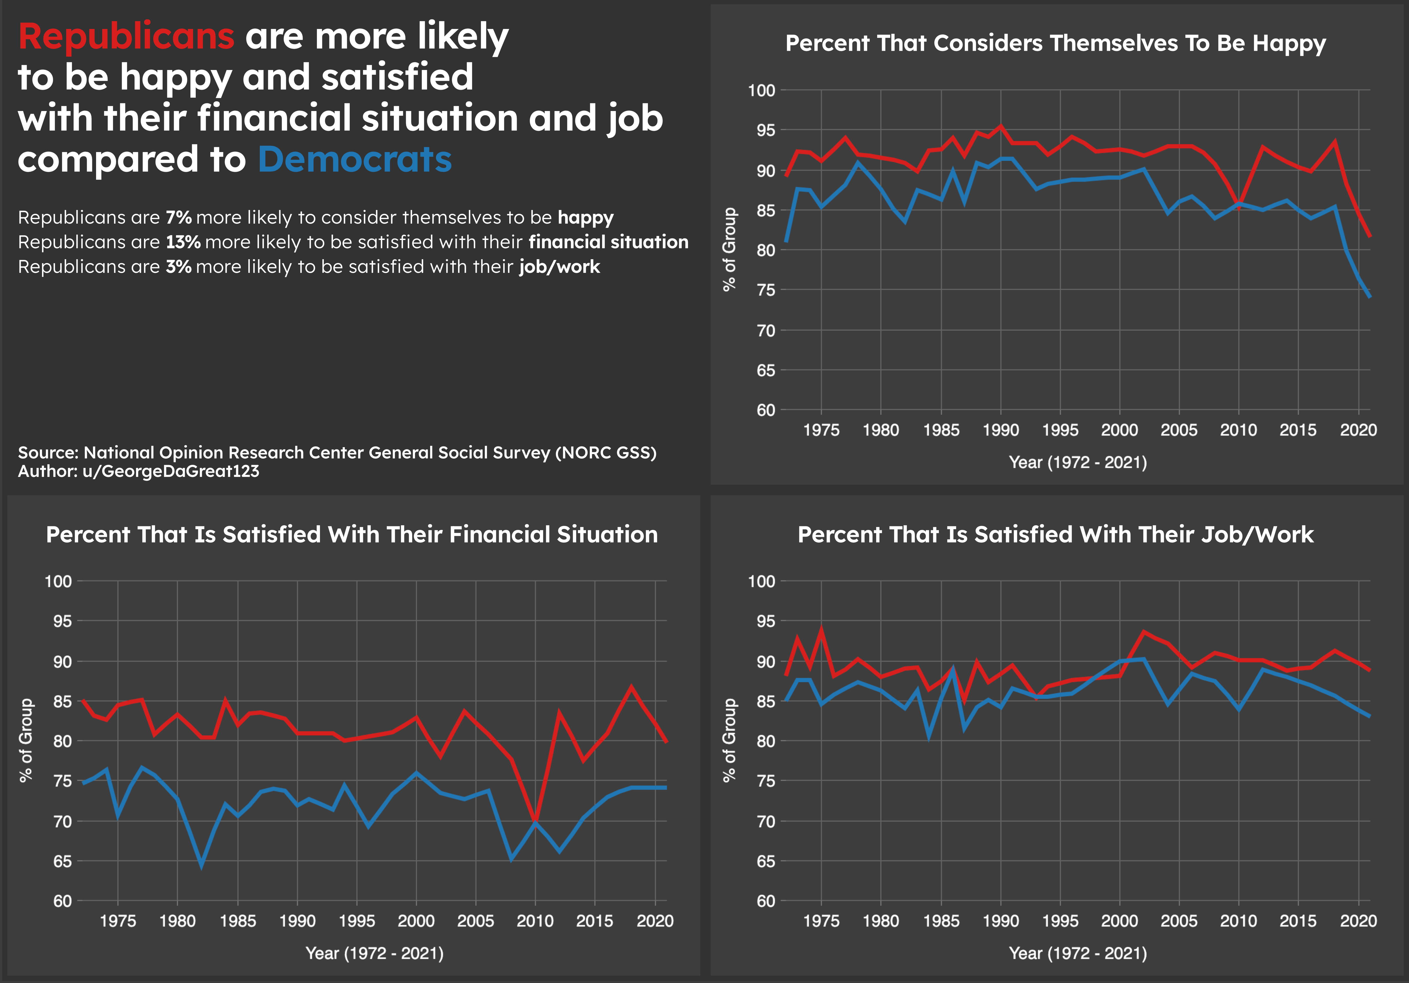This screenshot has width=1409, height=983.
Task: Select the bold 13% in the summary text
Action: point(183,242)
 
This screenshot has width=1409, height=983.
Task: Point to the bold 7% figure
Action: point(179,217)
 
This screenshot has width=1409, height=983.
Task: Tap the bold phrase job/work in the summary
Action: point(559,266)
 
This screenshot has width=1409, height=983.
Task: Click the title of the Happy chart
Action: point(1055,44)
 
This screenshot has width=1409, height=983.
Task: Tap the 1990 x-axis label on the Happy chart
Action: point(1001,430)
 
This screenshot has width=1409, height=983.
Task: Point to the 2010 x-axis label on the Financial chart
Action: point(535,921)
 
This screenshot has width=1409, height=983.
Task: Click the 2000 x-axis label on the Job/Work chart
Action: point(1119,921)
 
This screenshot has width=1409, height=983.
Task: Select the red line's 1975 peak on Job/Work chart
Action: point(821,629)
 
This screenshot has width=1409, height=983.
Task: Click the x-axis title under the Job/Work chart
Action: point(1078,954)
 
